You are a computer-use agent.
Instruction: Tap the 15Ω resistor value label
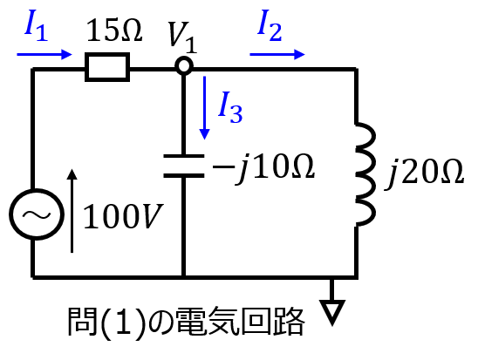click(x=114, y=31)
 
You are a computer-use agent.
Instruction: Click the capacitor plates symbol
click(x=184, y=166)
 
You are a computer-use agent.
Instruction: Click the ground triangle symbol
click(x=332, y=312)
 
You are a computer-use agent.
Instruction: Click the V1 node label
click(x=182, y=37)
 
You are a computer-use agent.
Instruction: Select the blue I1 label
click(x=36, y=25)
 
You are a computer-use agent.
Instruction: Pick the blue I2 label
click(x=270, y=25)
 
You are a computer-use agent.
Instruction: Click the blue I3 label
click(x=230, y=107)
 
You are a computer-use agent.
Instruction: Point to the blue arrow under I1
click(x=44, y=55)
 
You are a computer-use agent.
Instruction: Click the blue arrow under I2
click(x=277, y=55)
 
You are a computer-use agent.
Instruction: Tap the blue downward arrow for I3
click(x=205, y=108)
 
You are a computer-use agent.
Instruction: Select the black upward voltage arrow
click(x=72, y=211)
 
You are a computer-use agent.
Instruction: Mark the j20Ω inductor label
click(x=424, y=173)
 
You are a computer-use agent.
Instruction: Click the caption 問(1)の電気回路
click(x=186, y=323)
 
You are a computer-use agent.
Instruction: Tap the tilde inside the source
click(x=37, y=215)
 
